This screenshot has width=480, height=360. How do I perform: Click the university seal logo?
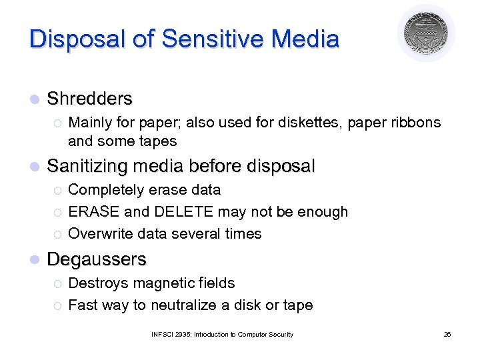pyautogui.click(x=427, y=33)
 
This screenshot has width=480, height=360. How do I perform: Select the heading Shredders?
pyautogui.click(x=90, y=99)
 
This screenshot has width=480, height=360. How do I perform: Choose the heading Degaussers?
pyautogui.click(x=97, y=259)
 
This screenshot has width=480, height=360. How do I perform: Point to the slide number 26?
pyautogui.click(x=447, y=334)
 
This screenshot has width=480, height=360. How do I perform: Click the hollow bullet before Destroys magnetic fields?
pyautogui.click(x=57, y=284)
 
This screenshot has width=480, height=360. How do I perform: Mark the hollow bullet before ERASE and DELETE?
pyautogui.click(x=57, y=213)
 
